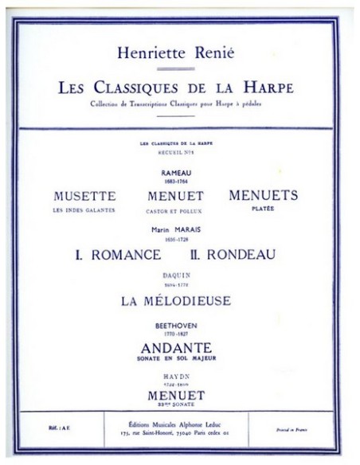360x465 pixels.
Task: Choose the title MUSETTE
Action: [85, 195]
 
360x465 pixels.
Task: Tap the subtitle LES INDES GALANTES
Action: [85, 208]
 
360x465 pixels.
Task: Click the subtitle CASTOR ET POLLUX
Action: [175, 208]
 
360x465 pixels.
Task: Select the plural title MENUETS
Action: [263, 195]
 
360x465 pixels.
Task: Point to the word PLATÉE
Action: [263, 207]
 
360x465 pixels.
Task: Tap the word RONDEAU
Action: [243, 254]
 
